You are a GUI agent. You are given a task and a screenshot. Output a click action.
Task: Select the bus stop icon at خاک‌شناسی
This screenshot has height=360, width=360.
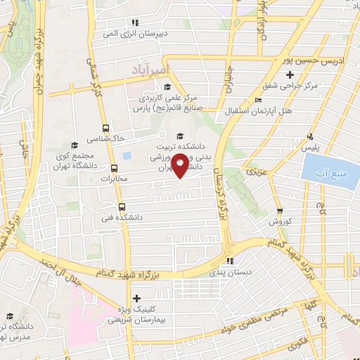(x=105, y=128)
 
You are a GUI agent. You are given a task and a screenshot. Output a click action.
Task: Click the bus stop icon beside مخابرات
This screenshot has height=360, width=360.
(x=115, y=168)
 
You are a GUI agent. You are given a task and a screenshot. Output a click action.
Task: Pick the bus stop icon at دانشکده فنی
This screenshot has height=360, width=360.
(x=122, y=207)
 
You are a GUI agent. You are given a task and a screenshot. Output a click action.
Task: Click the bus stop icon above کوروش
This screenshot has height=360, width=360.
(x=279, y=211)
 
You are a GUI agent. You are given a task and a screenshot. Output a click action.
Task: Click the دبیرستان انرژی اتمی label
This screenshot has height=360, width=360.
(x=129, y=33)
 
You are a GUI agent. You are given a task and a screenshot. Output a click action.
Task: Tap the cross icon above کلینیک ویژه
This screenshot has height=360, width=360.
(x=136, y=300)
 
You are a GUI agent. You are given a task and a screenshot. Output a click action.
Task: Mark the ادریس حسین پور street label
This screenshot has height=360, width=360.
(x=288, y=61)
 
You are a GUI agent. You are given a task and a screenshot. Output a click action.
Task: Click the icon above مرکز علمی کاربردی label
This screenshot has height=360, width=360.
(x=167, y=87)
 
